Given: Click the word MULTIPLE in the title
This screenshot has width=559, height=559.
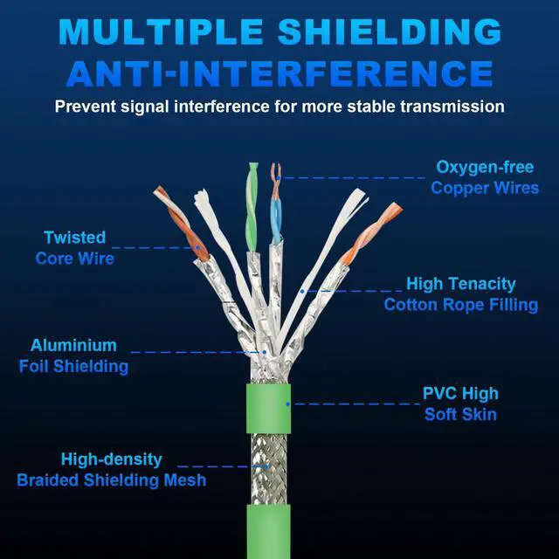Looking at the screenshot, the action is pyautogui.click(x=161, y=31).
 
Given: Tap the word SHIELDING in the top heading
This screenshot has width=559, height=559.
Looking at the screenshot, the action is pyautogui.click(x=390, y=31).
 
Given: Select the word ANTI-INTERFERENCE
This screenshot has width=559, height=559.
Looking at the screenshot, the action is pyautogui.click(x=279, y=73).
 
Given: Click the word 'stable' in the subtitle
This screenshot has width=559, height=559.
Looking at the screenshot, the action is pyautogui.click(x=371, y=107).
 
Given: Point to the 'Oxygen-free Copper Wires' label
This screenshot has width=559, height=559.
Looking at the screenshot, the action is pyautogui.click(x=485, y=177).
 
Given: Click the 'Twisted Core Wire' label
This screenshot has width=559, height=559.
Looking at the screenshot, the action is pyautogui.click(x=75, y=248).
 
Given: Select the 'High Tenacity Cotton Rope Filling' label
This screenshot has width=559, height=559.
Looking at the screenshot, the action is pyautogui.click(x=461, y=294).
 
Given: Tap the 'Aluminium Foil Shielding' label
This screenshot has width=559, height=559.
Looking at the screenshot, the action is pyautogui.click(x=73, y=355).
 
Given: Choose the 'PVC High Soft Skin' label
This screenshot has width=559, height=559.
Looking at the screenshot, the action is pyautogui.click(x=460, y=404).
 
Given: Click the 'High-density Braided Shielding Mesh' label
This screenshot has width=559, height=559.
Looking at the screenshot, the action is pyautogui.click(x=112, y=470).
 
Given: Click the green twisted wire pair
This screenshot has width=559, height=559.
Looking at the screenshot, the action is pyautogui.click(x=252, y=207).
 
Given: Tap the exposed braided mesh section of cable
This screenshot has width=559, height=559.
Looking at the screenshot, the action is pyautogui.click(x=269, y=469).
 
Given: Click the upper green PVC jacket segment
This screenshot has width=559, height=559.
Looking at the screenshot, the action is pyautogui.click(x=268, y=408).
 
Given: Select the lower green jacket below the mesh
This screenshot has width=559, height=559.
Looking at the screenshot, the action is pyautogui.click(x=268, y=532).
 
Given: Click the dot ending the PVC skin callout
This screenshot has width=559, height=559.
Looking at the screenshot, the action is pyautogui.click(x=287, y=404).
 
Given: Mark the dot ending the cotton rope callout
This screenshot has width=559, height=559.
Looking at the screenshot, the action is pyautogui.click(x=302, y=291).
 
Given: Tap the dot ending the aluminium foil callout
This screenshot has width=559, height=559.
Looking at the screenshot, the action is pyautogui.click(x=265, y=352).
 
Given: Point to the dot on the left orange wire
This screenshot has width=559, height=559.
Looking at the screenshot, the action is pyautogui.click(x=197, y=247).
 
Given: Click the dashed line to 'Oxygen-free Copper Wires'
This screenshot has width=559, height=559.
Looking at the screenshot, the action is pyautogui.click(x=353, y=177).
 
